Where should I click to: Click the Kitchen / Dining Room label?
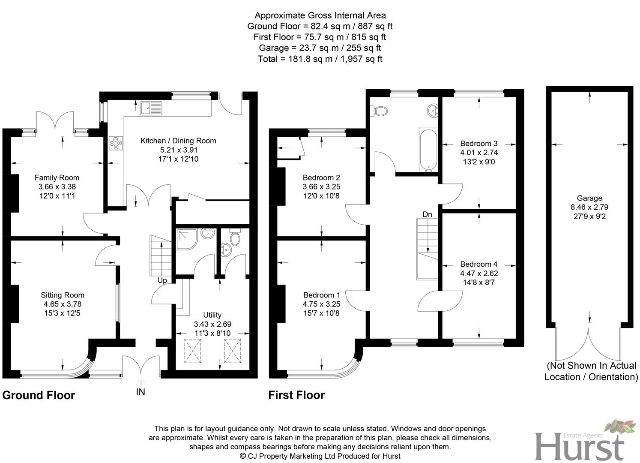pyautogui.click(x=178, y=141)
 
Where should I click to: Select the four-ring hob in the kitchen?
pyautogui.click(x=116, y=143)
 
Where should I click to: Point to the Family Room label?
pyautogui.click(x=57, y=177)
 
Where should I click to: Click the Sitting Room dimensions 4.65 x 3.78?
pyautogui.click(x=63, y=304)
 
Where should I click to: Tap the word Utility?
pyautogui.click(x=212, y=315)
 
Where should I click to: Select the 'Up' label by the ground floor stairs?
pyautogui.click(x=162, y=280)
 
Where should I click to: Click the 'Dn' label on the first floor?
pyautogui.click(x=427, y=214)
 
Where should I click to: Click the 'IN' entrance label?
pyautogui.click(x=141, y=392)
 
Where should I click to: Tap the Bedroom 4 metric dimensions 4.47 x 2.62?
pyautogui.click(x=479, y=273)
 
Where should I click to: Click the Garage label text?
pyautogui.click(x=589, y=198)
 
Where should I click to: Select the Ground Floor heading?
pyautogui.click(x=39, y=395)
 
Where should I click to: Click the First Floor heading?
pyautogui.click(x=296, y=395)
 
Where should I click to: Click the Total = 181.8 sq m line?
pyautogui.click(x=320, y=59)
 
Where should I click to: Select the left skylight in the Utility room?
pyautogui.click(x=192, y=350)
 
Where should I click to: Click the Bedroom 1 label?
pyautogui.click(x=321, y=295)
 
